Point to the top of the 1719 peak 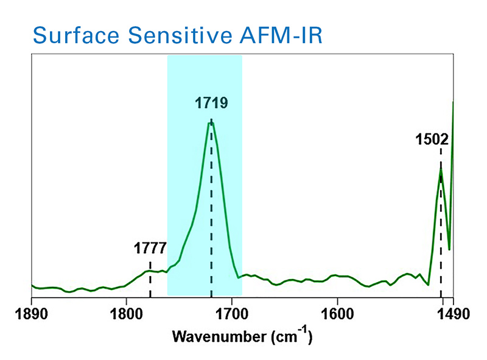coord(211,123)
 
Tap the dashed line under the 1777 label coord(150,283)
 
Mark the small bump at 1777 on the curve coord(150,270)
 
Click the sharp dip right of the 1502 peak coord(449,249)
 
